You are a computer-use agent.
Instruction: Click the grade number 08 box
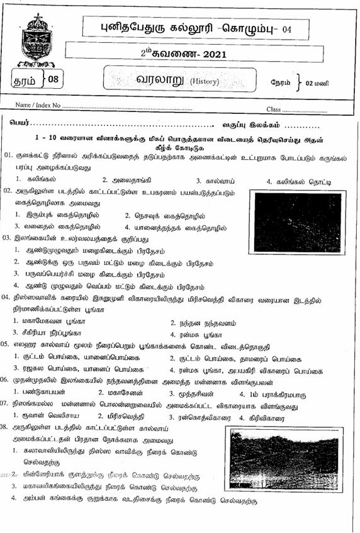click(52, 79)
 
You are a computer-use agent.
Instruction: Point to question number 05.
click(8, 344)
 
